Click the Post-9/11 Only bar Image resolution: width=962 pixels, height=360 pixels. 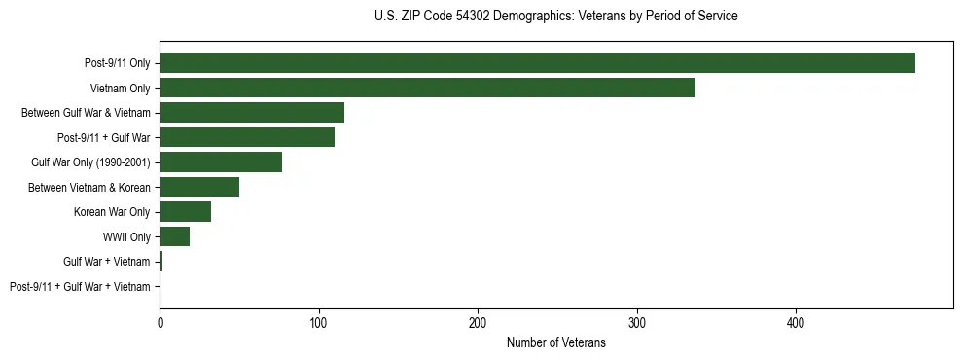tap(537, 63)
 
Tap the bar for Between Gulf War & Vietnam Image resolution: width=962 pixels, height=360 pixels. tap(252, 113)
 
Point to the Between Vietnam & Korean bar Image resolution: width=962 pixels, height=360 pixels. tap(199, 187)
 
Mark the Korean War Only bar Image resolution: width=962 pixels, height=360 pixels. tap(185, 212)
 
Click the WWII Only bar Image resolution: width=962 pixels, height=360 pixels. tap(174, 236)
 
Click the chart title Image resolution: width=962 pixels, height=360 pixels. tap(555, 17)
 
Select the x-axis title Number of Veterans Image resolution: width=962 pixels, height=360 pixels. tap(555, 343)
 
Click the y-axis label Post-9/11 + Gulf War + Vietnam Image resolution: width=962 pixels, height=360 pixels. tap(80, 287)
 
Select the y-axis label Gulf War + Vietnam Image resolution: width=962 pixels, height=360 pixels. tap(107, 262)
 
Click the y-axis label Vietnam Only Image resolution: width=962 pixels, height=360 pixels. tap(120, 89)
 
